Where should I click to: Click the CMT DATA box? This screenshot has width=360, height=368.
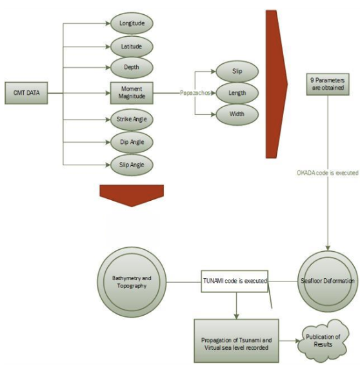click(x=26, y=93)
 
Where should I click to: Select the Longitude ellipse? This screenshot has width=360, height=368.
click(x=132, y=23)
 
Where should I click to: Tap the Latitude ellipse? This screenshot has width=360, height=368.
click(x=132, y=46)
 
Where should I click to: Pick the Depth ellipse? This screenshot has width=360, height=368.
click(x=132, y=67)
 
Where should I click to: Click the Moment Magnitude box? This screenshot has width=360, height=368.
click(x=132, y=93)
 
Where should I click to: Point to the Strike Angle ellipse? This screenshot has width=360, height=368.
click(x=132, y=119)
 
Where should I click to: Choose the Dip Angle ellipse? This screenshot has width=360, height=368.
click(x=132, y=142)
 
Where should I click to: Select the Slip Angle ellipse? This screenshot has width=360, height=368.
click(x=132, y=165)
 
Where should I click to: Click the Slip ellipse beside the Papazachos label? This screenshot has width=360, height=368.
click(x=237, y=72)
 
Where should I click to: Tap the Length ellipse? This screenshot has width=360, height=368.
click(x=237, y=93)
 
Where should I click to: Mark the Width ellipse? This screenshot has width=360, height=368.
click(x=237, y=114)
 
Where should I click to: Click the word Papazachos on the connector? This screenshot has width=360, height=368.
click(x=195, y=93)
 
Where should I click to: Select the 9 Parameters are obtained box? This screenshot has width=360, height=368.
click(x=328, y=85)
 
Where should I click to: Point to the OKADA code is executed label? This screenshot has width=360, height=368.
click(x=328, y=173)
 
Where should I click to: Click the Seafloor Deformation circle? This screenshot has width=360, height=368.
click(x=328, y=281)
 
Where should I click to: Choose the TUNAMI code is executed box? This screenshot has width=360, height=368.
click(x=235, y=281)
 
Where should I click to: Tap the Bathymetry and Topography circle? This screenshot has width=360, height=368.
click(x=132, y=282)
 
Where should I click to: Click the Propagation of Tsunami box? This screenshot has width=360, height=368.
click(x=236, y=341)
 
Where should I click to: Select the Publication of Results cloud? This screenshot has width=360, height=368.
click(x=323, y=340)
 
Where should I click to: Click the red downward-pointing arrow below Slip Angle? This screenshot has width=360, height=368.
click(x=132, y=195)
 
